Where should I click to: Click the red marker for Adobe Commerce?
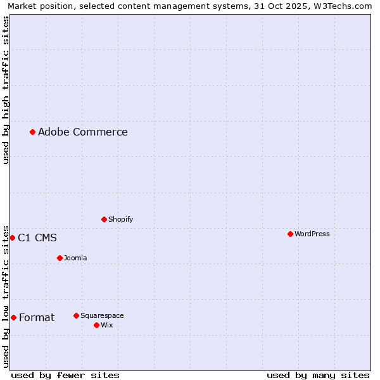[32, 132]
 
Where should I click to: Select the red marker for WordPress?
[290, 234]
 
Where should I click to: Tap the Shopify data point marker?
[104, 219]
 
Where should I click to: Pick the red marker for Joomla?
[60, 258]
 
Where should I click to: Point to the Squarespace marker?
[76, 315]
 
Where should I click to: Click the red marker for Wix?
[96, 325]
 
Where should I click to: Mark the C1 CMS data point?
[12, 237]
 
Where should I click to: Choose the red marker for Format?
[13, 317]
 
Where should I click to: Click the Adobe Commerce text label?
[82, 132]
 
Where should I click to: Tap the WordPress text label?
[312, 234]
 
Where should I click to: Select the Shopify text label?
[120, 219]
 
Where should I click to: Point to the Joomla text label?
[75, 258]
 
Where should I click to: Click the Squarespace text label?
[102, 315]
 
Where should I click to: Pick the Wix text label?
[106, 325]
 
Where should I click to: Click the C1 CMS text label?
[37, 237]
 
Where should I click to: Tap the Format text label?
[37, 317]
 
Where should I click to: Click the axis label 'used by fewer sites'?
[65, 375]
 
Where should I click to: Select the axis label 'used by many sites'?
[318, 375]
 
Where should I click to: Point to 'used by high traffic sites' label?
[6, 90]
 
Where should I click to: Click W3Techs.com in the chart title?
[343, 6]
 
